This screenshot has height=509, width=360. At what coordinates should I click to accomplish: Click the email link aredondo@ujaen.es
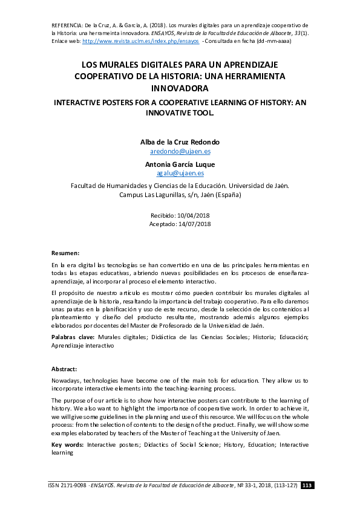(x=180, y=152)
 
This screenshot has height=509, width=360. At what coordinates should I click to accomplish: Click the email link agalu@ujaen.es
(x=180, y=173)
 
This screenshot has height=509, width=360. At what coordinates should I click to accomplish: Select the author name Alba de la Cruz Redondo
(x=180, y=142)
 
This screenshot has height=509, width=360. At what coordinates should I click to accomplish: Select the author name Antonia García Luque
(x=180, y=164)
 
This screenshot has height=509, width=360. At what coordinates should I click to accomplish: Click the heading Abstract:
(x=64, y=369)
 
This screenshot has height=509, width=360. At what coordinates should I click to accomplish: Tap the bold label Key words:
(x=67, y=444)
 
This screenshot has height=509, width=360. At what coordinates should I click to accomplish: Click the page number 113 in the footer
(x=307, y=485)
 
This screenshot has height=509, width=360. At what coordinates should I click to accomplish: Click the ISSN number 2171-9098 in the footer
(x=76, y=485)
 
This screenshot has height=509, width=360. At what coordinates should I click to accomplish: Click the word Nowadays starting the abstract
(x=67, y=381)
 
